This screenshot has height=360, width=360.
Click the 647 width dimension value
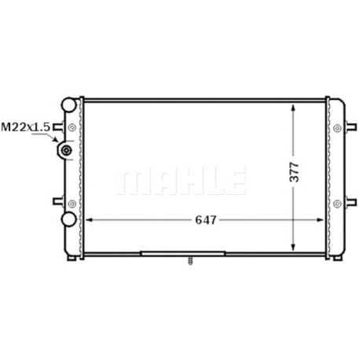point(206,220)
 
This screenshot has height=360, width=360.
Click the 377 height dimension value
point(294,172)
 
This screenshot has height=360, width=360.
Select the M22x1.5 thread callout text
point(25,127)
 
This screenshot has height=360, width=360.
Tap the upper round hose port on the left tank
point(69,105)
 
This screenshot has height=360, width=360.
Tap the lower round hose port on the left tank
point(68,219)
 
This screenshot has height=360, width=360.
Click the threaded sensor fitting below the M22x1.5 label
point(65,150)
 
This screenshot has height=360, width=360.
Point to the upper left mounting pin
point(58,127)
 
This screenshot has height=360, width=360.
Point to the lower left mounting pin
point(58,201)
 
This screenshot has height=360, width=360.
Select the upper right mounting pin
point(351,127)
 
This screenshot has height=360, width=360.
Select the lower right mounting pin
point(351,202)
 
